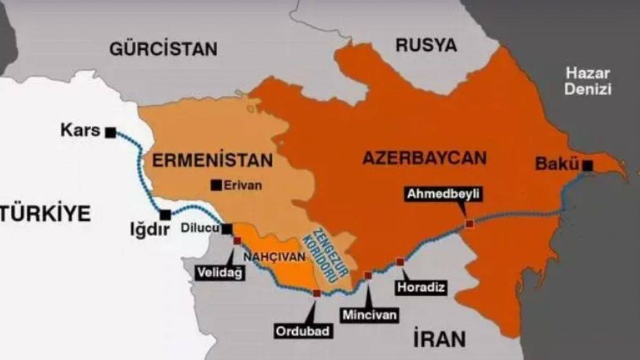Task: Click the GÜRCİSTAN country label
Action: pos(163,49)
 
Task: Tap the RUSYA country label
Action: pos(426,45)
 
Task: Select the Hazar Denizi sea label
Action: pos(588,81)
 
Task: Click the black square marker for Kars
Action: pos(110,132)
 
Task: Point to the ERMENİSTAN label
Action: pos(212,160)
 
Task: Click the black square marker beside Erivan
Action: pos(216,185)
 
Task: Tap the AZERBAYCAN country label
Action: pos(424,158)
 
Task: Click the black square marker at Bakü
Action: pos(588,166)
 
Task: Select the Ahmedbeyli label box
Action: pos(444,194)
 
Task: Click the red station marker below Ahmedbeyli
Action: pos(469,224)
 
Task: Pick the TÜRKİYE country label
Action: pos(45,213)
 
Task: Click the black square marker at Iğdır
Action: pos(165,214)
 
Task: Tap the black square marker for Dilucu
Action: pos(227,229)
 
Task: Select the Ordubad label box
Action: pos(304,331)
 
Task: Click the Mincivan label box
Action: pos(370,315)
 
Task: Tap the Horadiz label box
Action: pos(421,287)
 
